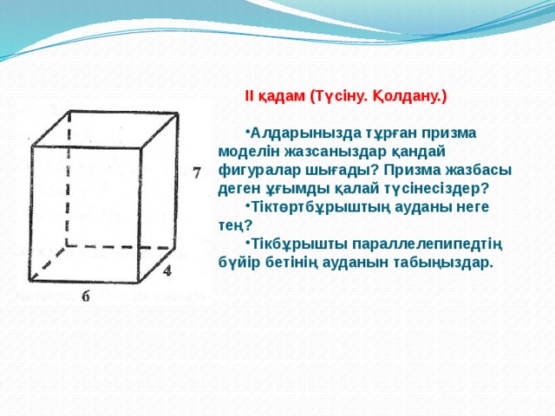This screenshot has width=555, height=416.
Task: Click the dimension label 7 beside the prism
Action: [x=198, y=172]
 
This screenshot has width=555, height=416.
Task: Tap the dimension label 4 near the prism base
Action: [x=167, y=270]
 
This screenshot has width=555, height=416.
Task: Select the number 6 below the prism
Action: [x=86, y=296]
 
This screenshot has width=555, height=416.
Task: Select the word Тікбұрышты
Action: [x=289, y=242]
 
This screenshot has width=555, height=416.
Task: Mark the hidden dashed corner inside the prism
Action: [x=67, y=247]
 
